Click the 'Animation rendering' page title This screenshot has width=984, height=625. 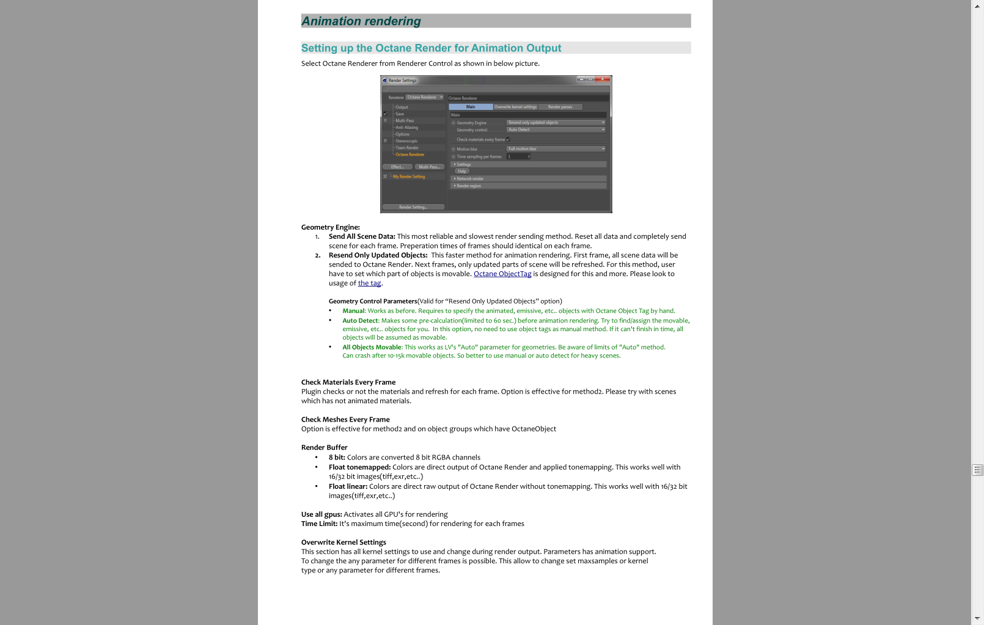tap(361, 21)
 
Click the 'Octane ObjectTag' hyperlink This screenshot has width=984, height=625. tap(502, 274)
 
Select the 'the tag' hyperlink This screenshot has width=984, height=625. tap(369, 283)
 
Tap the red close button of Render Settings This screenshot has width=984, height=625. tap(603, 79)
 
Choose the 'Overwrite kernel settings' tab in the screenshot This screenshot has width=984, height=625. tap(515, 107)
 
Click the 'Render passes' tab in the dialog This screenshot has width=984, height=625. tap(560, 107)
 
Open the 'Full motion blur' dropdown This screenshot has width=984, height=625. tap(556, 149)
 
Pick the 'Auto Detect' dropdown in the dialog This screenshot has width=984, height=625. tap(556, 130)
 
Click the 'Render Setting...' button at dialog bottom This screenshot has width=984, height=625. tap(413, 207)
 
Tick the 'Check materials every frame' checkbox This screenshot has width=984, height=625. tap(508, 139)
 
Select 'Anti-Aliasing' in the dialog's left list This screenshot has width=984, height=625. tap(406, 128)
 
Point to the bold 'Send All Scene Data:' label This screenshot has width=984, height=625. tap(362, 236)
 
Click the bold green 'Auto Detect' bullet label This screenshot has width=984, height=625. tap(360, 321)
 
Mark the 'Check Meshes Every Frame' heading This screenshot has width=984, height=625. tap(345, 420)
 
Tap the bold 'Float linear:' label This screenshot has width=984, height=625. tap(348, 486)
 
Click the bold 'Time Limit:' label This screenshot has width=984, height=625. tap(319, 524)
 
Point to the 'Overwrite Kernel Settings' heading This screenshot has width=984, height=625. tap(343, 543)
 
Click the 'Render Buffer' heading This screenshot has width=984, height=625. tap(324, 448)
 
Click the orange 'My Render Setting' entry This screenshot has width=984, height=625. tap(409, 177)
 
